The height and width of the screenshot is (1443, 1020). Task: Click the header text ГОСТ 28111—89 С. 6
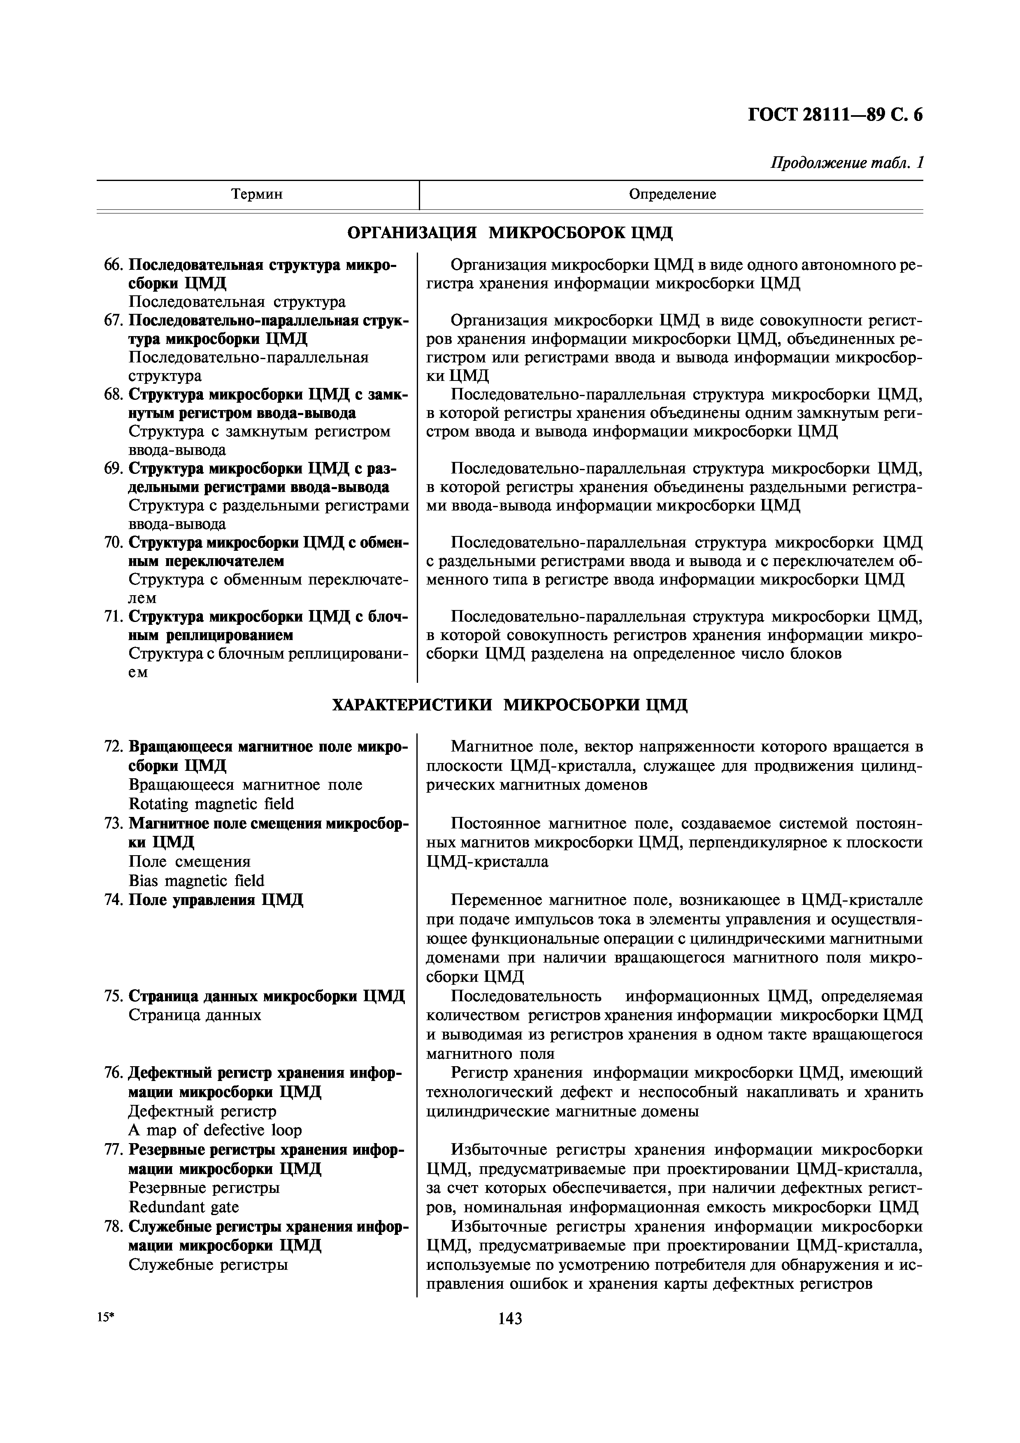[835, 115]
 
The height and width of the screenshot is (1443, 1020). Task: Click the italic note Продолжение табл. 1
[846, 163]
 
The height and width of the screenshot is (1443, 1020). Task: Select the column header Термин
[257, 194]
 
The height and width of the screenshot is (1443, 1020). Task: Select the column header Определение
[672, 194]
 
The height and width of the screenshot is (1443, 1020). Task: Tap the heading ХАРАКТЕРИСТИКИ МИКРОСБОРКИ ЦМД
[510, 705]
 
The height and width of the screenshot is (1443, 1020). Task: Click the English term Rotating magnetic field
[211, 804]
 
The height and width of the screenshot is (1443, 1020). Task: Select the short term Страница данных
[195, 1015]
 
